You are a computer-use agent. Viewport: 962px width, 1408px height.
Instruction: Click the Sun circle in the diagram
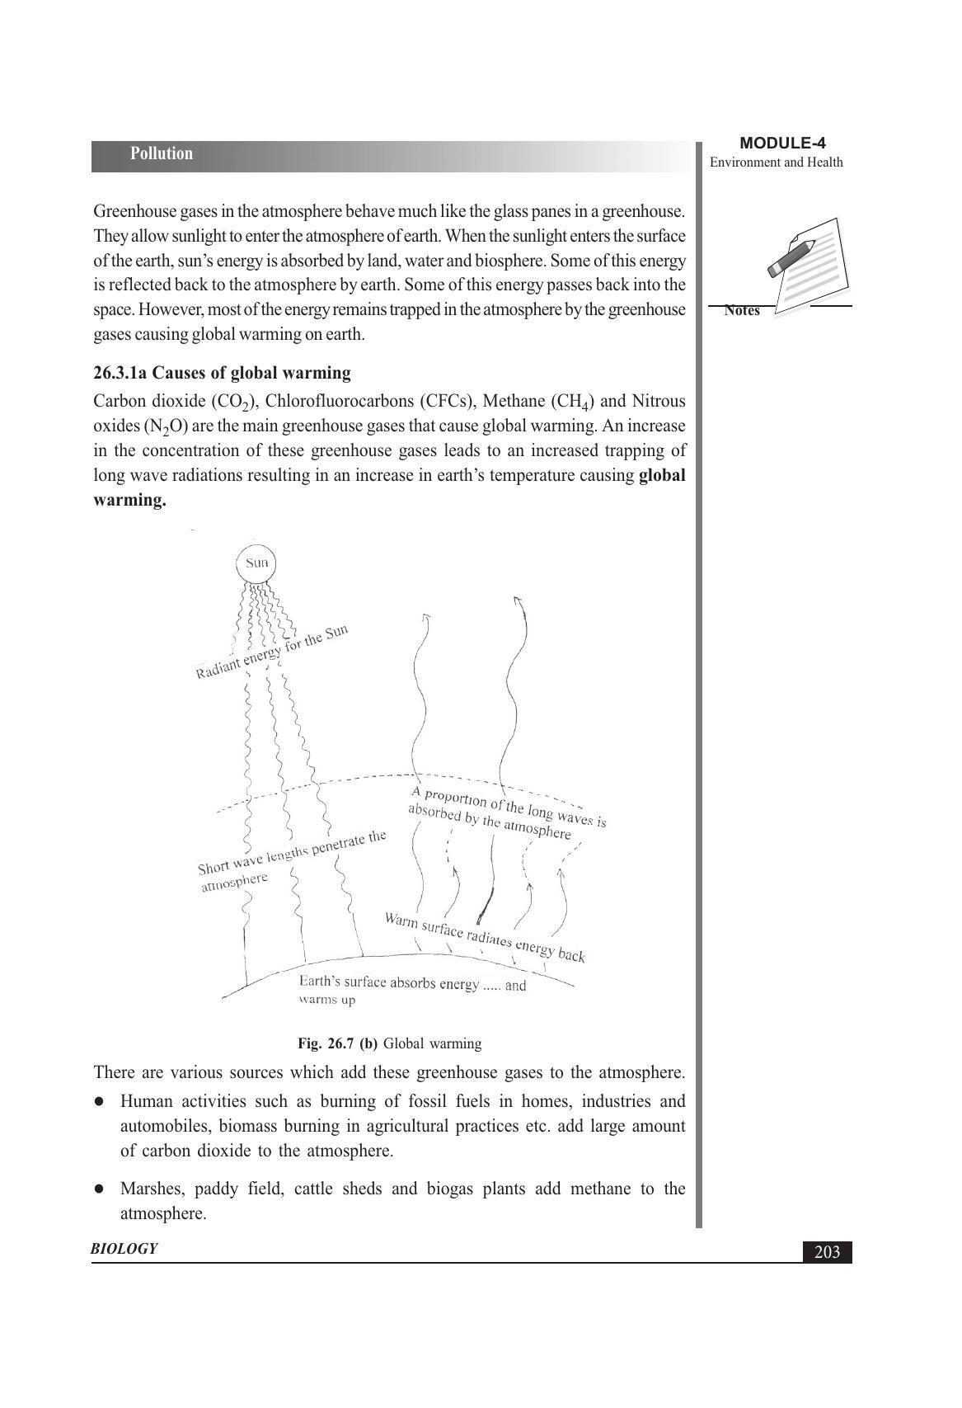pyautogui.click(x=256, y=563)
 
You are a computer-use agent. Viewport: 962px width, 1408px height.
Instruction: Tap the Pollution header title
pyautogui.click(x=162, y=154)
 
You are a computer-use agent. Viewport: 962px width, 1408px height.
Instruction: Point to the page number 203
pyautogui.click(x=827, y=1252)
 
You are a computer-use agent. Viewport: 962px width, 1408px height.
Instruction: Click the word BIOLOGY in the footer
pyautogui.click(x=124, y=1249)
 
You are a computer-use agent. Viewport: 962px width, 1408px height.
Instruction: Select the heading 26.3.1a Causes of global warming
pyautogui.click(x=222, y=373)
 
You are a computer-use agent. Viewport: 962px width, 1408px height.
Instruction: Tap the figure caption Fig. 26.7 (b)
pyautogui.click(x=338, y=1043)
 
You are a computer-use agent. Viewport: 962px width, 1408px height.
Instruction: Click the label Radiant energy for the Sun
pyautogui.click(x=272, y=652)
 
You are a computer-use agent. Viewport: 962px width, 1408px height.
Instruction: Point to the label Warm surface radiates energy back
pyautogui.click(x=485, y=937)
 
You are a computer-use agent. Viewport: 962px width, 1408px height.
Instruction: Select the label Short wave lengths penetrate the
pyautogui.click(x=292, y=853)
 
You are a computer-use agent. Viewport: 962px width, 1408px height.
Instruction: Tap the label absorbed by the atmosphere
pyautogui.click(x=490, y=821)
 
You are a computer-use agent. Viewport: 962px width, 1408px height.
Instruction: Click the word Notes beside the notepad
pyautogui.click(x=742, y=311)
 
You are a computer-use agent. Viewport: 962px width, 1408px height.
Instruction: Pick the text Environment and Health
pyautogui.click(x=777, y=162)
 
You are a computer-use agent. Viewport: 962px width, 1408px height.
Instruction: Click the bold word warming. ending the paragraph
pyautogui.click(x=129, y=501)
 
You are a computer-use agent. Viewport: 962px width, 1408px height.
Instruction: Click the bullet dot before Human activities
pyautogui.click(x=99, y=1102)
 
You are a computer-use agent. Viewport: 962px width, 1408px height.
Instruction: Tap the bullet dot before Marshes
pyautogui.click(x=99, y=1189)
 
